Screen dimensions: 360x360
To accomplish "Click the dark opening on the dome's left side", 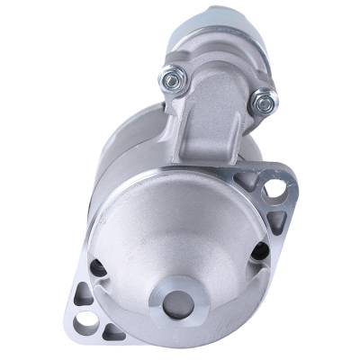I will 98,268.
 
